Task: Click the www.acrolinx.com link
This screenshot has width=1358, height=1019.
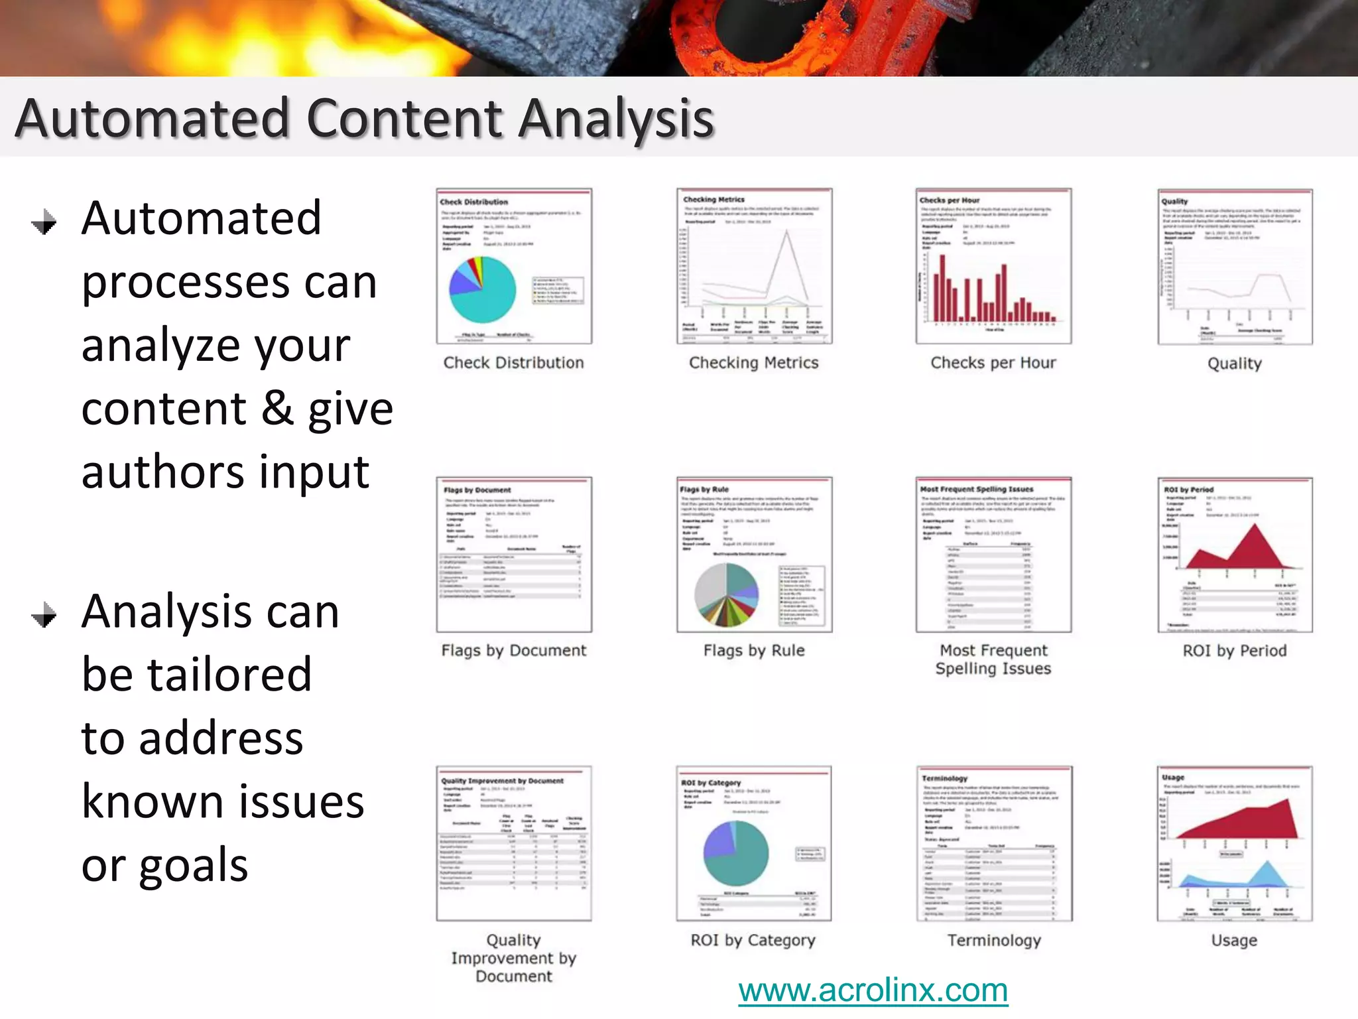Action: [873, 990]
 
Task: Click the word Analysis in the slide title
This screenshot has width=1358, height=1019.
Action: [616, 119]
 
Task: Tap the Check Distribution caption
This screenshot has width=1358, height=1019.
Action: [513, 363]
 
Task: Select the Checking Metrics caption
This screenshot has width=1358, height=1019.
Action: [753, 363]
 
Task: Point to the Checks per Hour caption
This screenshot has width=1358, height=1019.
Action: [993, 363]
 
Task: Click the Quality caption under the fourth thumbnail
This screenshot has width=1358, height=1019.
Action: [1234, 364]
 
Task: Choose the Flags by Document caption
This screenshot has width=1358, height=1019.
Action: [513, 651]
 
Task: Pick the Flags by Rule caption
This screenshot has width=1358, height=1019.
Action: [753, 651]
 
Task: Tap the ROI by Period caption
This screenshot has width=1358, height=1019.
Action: [1234, 651]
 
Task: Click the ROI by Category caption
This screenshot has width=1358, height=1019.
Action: [753, 940]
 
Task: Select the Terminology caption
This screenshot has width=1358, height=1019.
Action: [993, 940]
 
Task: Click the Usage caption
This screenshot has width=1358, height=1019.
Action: [1233, 940]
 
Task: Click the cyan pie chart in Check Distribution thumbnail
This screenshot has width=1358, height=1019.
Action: [483, 290]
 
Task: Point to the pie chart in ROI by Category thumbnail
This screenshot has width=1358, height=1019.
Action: [736, 853]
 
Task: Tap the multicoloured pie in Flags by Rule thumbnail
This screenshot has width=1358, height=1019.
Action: [726, 595]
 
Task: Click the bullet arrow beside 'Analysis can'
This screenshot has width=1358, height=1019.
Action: [44, 615]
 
